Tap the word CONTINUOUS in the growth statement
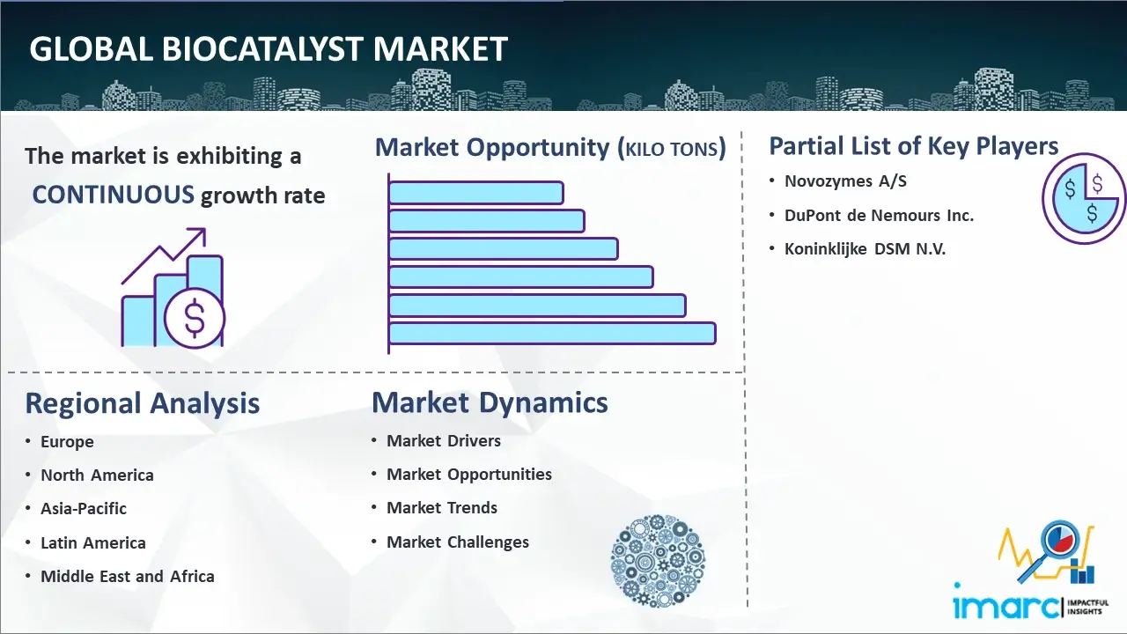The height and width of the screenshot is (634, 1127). (x=114, y=195)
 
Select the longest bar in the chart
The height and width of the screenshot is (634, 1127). (x=552, y=334)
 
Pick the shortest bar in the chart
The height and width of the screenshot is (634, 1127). (x=476, y=193)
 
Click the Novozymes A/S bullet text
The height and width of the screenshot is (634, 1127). (x=845, y=181)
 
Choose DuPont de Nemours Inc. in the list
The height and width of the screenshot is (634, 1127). (x=879, y=216)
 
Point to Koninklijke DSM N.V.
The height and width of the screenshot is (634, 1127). (x=865, y=249)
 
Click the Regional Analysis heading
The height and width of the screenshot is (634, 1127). (x=143, y=403)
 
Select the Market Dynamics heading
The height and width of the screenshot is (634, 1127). (x=490, y=402)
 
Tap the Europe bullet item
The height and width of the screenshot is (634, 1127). (x=67, y=442)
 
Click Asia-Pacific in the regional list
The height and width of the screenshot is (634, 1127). (x=84, y=509)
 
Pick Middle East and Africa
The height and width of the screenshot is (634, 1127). (x=128, y=576)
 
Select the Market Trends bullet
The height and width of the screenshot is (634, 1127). (x=442, y=508)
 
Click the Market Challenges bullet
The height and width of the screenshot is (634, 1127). (x=458, y=542)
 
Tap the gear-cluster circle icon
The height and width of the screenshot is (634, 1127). (x=658, y=561)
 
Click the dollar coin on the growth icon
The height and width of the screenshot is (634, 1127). (x=195, y=319)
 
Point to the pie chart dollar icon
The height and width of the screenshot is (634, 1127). (x=1083, y=199)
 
